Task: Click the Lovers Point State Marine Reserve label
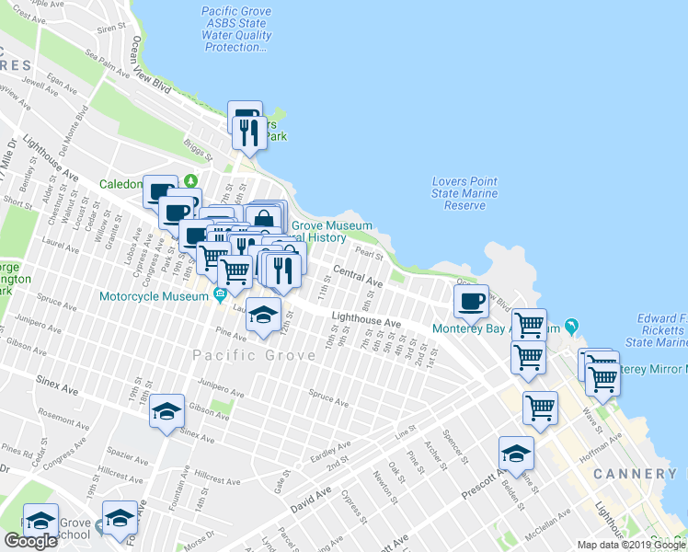tap(464, 193)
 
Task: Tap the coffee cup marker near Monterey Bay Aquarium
tap(471, 301)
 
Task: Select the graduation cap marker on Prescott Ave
tap(517, 454)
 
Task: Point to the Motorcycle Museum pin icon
tap(220, 295)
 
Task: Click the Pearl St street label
tap(368, 253)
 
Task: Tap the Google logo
tap(30, 542)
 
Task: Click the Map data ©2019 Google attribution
tap(631, 545)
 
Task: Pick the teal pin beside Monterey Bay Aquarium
tap(572, 327)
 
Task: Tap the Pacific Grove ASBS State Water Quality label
tap(237, 29)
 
